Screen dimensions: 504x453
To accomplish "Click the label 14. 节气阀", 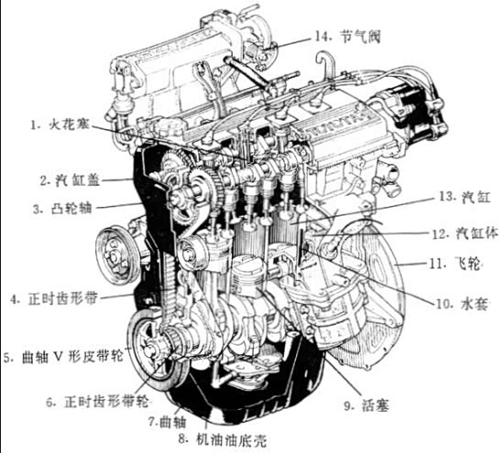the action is click(347, 37).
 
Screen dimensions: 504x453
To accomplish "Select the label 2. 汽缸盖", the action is click(70, 180).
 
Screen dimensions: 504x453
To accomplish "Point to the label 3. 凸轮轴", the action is click(62, 209).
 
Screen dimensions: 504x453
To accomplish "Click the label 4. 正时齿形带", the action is click(54, 299).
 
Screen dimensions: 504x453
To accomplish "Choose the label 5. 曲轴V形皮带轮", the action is click(64, 356).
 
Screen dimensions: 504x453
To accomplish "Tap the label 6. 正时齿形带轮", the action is click(97, 402).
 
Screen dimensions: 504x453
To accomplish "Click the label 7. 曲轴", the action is click(167, 422).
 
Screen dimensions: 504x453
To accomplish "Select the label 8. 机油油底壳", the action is click(223, 441).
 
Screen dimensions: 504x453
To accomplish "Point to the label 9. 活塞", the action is click(367, 405).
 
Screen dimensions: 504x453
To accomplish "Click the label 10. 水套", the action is click(462, 304).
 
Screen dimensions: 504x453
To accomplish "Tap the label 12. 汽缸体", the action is click(465, 233).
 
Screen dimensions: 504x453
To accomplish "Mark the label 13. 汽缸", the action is click(465, 197).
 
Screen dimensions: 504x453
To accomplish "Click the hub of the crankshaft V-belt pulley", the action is click(148, 350).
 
